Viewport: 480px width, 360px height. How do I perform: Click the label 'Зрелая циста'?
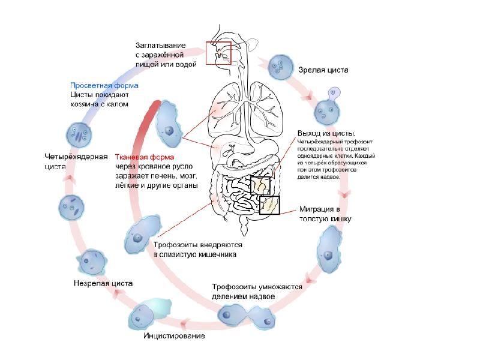pyautogui.click(x=323, y=70)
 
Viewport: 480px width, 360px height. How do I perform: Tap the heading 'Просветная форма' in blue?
pyautogui.click(x=104, y=85)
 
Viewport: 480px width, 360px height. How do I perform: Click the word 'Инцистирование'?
pyautogui.click(x=174, y=335)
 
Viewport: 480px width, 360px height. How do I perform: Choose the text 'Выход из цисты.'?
pyautogui.click(x=327, y=133)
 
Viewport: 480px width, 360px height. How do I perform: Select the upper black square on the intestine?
pyautogui.click(x=262, y=187)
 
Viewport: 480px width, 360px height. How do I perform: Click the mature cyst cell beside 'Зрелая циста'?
pyautogui.click(x=281, y=67)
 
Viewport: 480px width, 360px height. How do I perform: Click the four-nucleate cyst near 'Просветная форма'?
pyautogui.click(x=79, y=132)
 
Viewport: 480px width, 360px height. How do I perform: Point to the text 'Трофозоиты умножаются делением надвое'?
pyautogui.click(x=256, y=292)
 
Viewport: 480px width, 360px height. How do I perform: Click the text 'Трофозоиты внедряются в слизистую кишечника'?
pyautogui.click(x=197, y=250)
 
